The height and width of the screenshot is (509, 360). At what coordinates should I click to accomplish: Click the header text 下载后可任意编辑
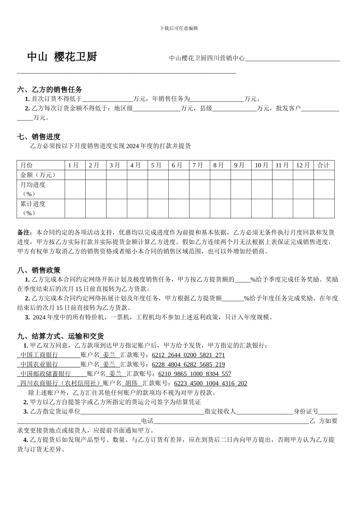tap(179, 28)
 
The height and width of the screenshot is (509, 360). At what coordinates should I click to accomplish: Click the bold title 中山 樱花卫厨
tap(62, 57)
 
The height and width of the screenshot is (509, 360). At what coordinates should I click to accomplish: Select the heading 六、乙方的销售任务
tap(50, 90)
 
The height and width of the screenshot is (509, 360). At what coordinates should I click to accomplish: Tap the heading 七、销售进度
tap(39, 137)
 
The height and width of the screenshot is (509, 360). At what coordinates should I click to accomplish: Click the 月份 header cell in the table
tap(27, 165)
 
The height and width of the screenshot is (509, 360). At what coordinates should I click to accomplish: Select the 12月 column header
tap(303, 165)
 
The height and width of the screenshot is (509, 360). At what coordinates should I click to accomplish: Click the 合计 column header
tap(323, 165)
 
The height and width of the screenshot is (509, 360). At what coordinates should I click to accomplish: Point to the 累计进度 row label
tap(33, 204)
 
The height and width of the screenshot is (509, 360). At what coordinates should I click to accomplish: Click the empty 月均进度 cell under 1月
tap(75, 189)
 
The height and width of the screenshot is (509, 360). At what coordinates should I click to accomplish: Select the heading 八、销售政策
tap(39, 270)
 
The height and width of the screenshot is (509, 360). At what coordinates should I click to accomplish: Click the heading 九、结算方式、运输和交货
tap(61, 336)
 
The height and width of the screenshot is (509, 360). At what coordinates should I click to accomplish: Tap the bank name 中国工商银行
tap(39, 355)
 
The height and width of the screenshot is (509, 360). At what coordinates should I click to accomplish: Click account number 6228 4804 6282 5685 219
tap(188, 365)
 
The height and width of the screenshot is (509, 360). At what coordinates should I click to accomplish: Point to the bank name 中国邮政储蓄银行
tap(45, 374)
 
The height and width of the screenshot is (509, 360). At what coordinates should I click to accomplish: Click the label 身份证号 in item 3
tap(306, 412)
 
